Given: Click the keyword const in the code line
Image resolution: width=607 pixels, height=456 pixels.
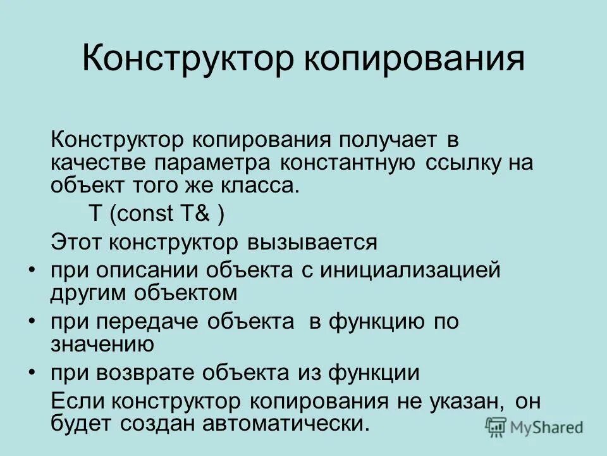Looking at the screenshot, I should click(144, 214).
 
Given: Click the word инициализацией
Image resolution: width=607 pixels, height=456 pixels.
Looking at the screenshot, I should click(410, 270).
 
